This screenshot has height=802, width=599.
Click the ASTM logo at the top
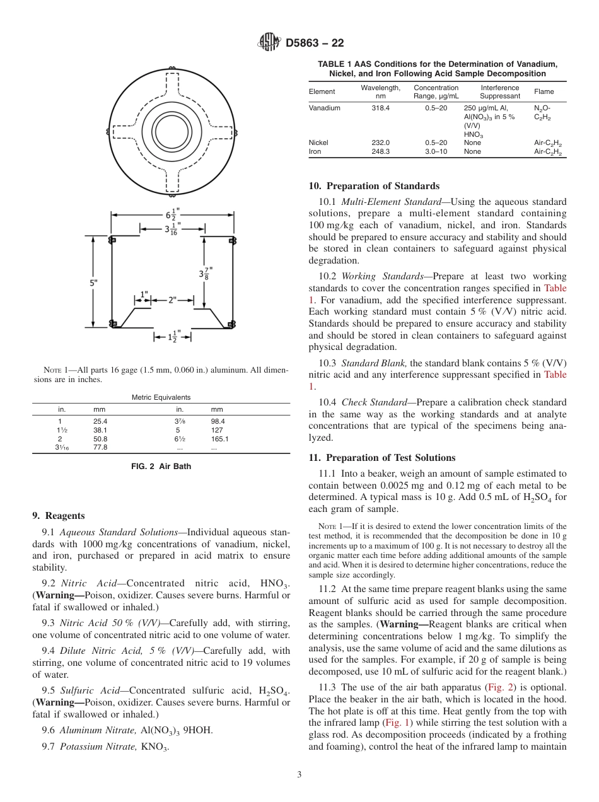point(270,43)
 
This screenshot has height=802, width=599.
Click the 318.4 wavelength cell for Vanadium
point(380,108)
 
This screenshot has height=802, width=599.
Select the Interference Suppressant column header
point(500,92)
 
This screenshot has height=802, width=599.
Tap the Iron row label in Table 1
point(315,151)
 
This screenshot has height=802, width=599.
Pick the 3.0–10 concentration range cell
point(436,151)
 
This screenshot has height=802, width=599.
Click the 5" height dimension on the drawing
point(93,283)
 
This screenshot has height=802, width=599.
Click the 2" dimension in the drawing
point(172,300)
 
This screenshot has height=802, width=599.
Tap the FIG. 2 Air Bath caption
point(161,467)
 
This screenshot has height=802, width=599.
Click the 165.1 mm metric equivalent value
point(219,438)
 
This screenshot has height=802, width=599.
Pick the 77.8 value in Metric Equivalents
point(100,447)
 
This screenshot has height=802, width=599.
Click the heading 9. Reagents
point(58,516)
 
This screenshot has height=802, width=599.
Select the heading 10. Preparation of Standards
point(373,186)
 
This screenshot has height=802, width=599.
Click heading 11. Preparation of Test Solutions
point(381,458)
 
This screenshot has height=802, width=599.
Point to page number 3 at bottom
point(299,774)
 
